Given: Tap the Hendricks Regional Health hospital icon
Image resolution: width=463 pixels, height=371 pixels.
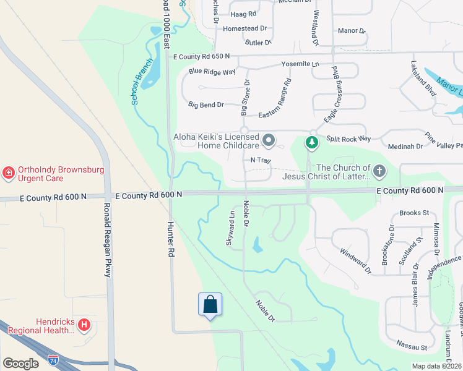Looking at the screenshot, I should click(85, 324).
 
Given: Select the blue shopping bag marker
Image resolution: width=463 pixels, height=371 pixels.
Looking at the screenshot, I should click(210, 304).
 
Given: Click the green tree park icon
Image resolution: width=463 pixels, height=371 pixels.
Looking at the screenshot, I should click(312, 143).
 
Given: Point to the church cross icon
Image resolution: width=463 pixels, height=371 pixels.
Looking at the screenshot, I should click(379, 170).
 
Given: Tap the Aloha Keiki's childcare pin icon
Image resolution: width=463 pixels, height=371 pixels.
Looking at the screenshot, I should click(269, 141).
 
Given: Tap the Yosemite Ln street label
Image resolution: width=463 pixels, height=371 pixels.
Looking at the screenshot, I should click(300, 64).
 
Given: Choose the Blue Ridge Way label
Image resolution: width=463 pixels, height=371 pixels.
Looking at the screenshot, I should click(212, 72).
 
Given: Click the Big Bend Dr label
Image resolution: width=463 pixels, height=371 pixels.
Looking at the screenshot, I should click(206, 105).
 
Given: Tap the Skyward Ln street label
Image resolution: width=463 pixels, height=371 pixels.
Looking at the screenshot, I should click(230, 229).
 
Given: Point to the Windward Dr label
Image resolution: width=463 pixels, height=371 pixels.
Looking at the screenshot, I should click(355, 260).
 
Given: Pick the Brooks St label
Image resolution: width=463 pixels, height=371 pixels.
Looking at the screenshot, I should click(414, 213).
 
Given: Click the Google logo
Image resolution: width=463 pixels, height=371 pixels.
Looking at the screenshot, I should click(20, 364).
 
